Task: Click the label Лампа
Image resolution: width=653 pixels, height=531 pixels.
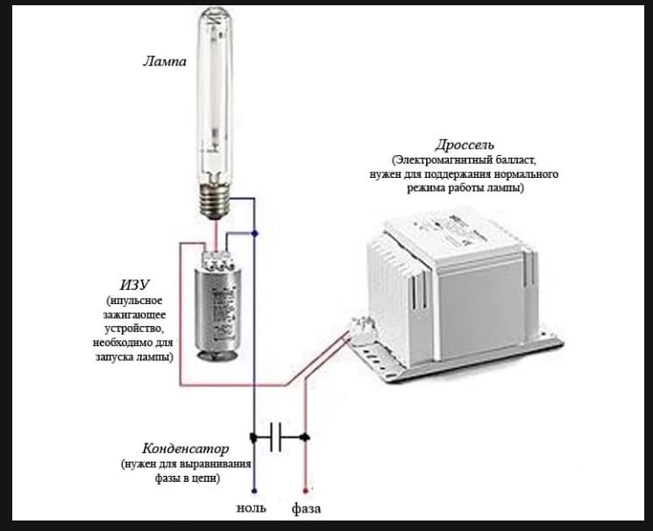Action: point(165,61)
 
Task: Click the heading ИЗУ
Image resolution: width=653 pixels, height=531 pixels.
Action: point(134,285)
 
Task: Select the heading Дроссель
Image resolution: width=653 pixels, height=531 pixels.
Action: point(465,145)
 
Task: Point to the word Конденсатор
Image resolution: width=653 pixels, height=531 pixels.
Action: point(185,449)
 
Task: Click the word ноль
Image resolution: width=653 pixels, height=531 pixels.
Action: point(252,508)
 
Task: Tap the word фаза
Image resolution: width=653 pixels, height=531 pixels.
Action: point(306,508)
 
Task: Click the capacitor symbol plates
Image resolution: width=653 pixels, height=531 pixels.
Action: point(275,437)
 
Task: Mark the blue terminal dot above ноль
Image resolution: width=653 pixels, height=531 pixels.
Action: point(254,491)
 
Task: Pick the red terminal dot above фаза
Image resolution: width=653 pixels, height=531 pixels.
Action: point(305,491)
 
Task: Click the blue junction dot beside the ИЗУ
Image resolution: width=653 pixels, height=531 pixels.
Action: point(255,234)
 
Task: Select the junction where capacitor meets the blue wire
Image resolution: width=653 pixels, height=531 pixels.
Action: point(253,437)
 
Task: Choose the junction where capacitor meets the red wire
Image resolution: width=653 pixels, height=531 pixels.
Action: point(305,437)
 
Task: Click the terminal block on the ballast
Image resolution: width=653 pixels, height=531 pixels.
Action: point(361,326)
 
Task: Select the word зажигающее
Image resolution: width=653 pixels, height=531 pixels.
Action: point(134,315)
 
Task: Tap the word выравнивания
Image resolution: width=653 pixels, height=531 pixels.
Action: point(216,464)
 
